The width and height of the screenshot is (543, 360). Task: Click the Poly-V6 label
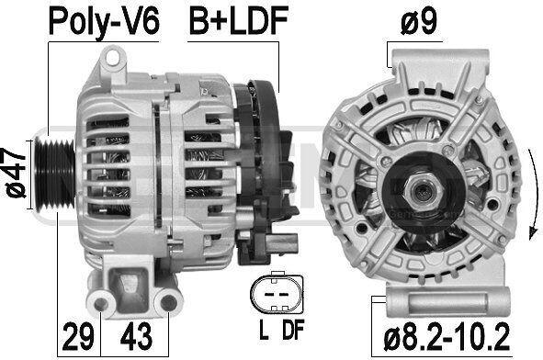[x=104, y=21]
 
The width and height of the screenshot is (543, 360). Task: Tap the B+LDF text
[x=239, y=21]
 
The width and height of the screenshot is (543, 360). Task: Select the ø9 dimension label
[x=419, y=21]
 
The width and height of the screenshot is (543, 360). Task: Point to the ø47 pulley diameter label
[x=16, y=173]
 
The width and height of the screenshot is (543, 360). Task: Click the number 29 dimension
[x=79, y=336]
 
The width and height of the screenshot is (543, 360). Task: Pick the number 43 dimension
[x=136, y=336]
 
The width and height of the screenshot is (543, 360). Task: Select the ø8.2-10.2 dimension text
[x=447, y=336]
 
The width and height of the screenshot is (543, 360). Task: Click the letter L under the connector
[x=264, y=329]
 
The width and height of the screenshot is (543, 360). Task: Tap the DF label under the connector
[x=293, y=329]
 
